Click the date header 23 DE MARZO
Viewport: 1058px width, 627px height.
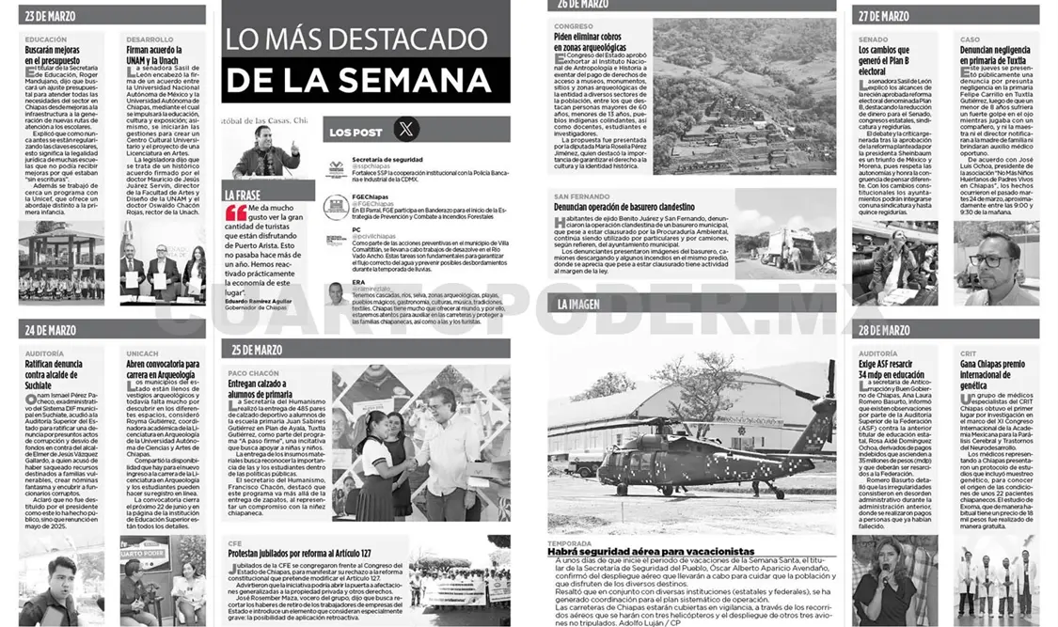point(52,15)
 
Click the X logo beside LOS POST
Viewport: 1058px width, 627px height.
point(406,130)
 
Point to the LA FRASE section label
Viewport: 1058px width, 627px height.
point(243,194)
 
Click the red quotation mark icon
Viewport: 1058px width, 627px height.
point(236,213)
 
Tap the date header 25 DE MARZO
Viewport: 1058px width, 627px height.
point(256,350)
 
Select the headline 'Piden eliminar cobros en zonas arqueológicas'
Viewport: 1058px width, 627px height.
point(590,41)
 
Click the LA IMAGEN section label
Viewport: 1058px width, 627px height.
point(578,304)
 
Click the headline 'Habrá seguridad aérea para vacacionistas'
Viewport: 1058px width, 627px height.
point(651,551)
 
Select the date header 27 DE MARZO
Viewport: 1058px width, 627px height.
point(883,15)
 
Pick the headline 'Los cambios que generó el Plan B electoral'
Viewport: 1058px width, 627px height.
point(884,60)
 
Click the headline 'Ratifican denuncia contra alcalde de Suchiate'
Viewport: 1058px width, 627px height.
point(59,374)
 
